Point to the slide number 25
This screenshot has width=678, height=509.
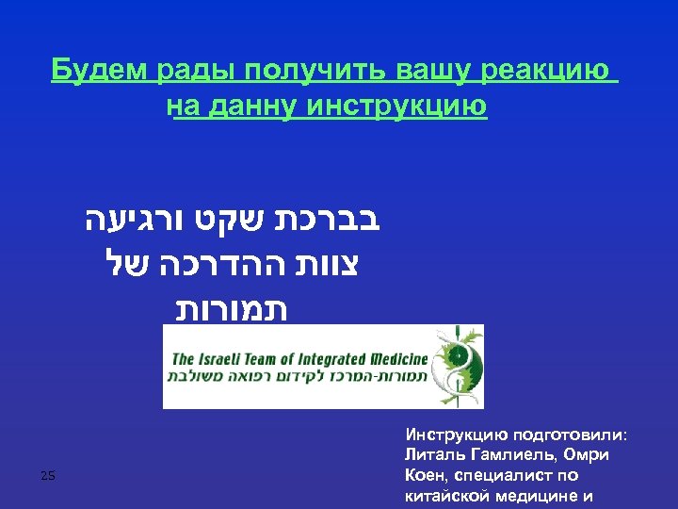click(48, 477)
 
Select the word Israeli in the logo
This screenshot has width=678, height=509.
click(229, 359)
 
